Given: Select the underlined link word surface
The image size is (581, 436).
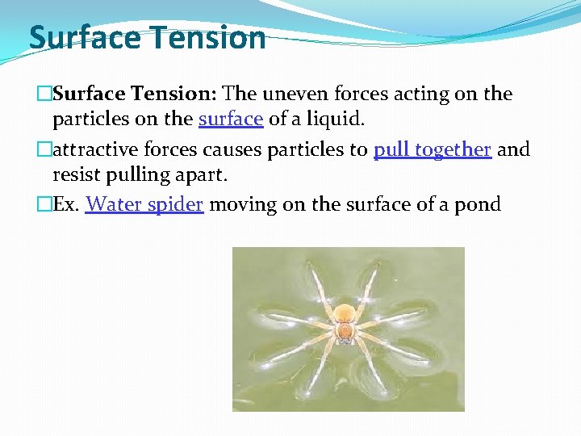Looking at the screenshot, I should click(x=231, y=119).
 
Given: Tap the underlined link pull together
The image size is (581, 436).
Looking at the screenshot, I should click(x=433, y=149).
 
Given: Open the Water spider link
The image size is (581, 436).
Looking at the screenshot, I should click(x=144, y=204).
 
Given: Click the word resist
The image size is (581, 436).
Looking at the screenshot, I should click(x=77, y=175).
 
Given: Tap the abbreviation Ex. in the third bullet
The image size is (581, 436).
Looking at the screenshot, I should click(x=66, y=204).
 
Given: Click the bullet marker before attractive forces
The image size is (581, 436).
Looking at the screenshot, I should click(x=44, y=149).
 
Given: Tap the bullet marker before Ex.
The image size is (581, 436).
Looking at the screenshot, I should click(x=44, y=204).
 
